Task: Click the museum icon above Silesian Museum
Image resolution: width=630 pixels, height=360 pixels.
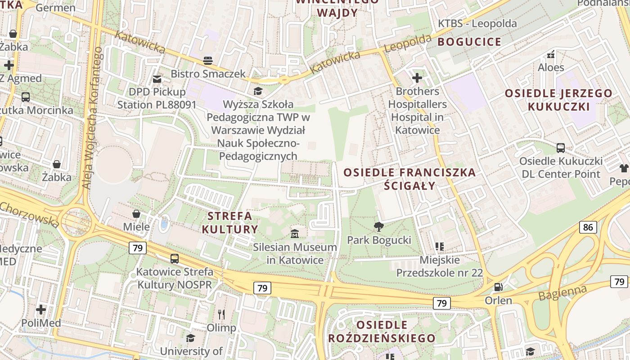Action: tap(295, 234)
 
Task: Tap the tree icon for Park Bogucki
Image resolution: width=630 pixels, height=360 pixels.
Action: tap(379, 226)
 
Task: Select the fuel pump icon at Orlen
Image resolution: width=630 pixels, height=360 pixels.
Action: tap(498, 287)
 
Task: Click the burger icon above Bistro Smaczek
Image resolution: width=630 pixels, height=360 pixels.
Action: tap(207, 60)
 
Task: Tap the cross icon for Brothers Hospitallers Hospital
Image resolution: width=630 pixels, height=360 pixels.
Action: tap(417, 78)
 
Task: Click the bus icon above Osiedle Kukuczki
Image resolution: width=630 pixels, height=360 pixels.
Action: tap(561, 148)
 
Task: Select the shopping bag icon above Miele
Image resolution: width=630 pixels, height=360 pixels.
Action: tap(136, 213)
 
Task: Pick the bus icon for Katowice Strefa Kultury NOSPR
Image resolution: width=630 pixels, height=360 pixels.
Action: tap(175, 259)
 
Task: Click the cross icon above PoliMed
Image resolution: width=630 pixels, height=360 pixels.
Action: tap(41, 310)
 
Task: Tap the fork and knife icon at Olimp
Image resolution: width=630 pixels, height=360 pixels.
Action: tap(221, 314)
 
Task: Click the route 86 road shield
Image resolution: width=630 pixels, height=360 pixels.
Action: tap(588, 227)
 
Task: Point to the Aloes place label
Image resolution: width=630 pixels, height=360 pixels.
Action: tap(551, 67)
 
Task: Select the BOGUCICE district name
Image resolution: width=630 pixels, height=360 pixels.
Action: tap(469, 42)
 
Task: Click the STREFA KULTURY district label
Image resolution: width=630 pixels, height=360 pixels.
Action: tap(230, 222)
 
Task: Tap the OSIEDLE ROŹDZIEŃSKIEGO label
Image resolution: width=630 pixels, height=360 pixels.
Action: tap(382, 332)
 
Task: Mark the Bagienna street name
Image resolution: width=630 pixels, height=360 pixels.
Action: tap(562, 293)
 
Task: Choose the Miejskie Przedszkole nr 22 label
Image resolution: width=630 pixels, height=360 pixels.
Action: tap(439, 266)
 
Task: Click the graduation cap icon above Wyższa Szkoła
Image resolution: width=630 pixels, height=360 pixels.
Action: tap(258, 91)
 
